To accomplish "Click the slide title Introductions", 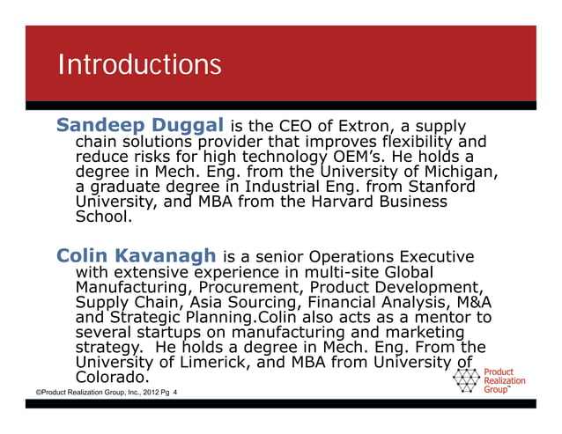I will [x=139, y=64].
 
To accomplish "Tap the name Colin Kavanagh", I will [x=137, y=256].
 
